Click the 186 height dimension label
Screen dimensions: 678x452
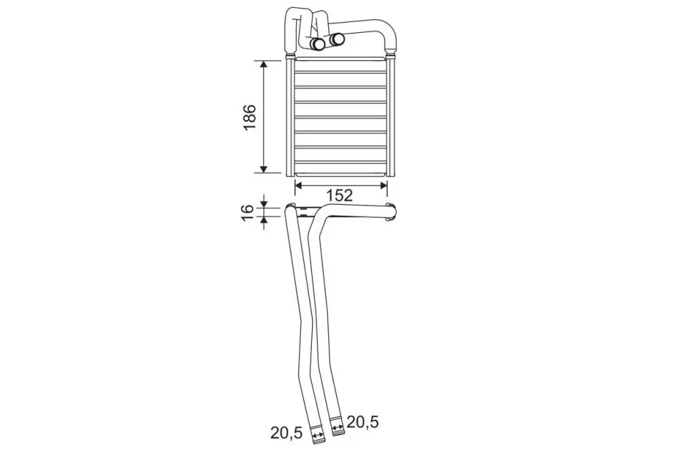coord(251,117)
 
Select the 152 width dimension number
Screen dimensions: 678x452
coord(340,196)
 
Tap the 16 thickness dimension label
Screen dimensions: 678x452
coord(247,212)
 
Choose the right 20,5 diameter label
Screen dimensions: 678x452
coord(363,422)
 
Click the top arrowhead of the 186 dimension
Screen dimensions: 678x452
coord(264,66)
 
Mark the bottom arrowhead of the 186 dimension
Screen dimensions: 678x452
coord(264,167)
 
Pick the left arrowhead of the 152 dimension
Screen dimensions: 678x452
coord(299,185)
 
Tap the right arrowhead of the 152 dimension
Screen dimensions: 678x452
coord(383,185)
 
